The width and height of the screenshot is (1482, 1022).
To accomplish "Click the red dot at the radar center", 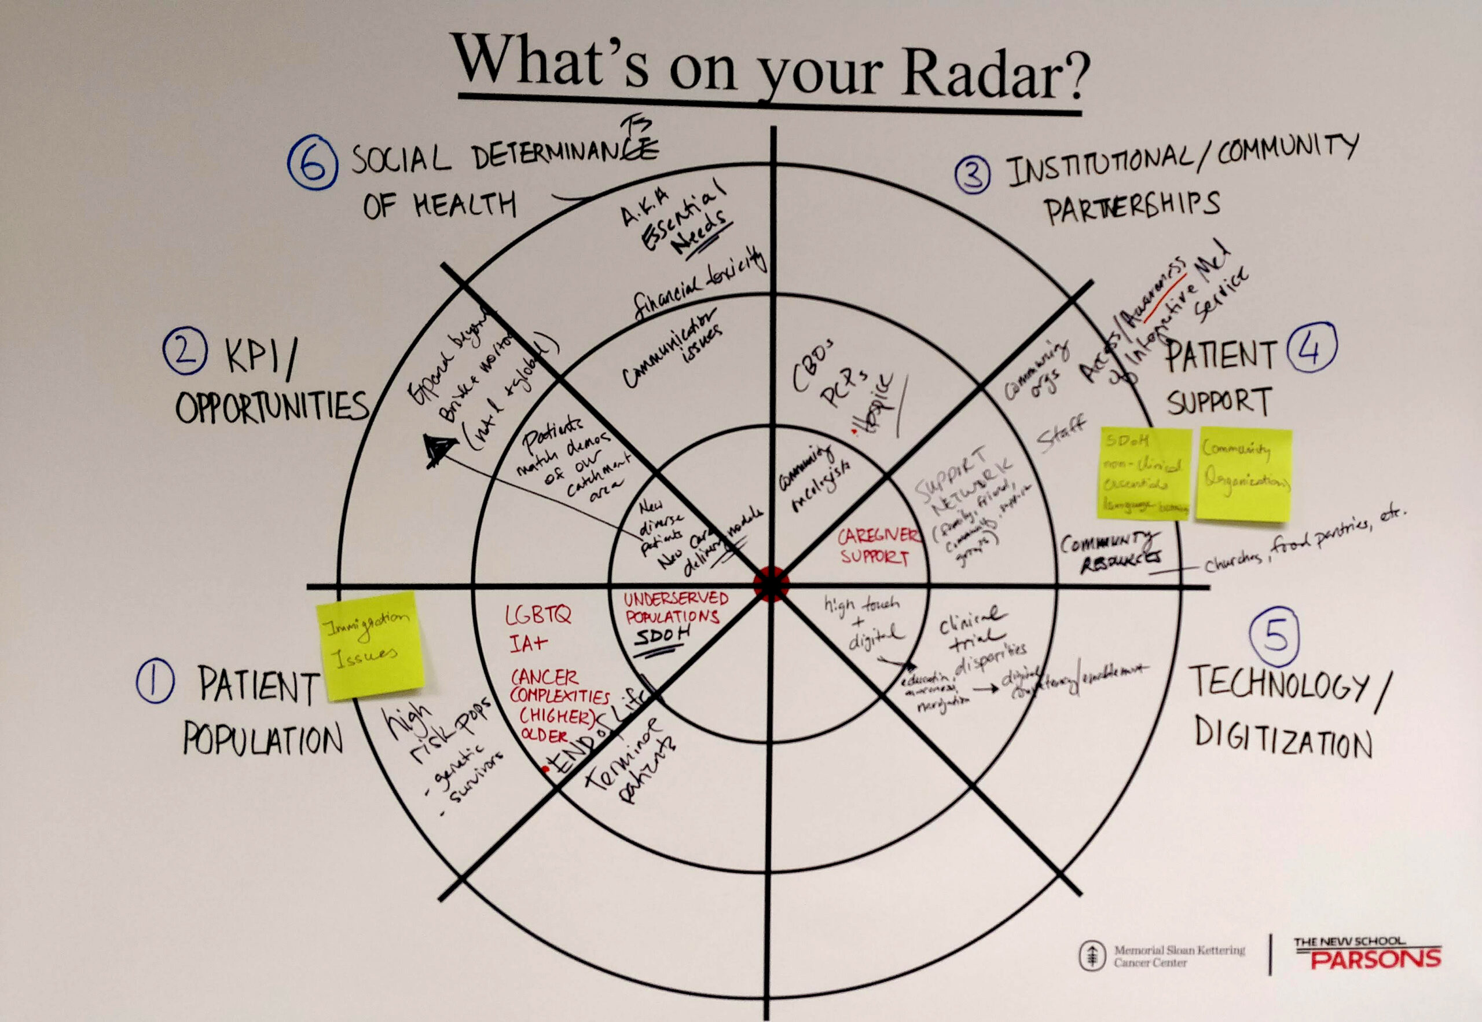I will click(771, 584).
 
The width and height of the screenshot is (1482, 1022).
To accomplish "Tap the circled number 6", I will click(312, 164).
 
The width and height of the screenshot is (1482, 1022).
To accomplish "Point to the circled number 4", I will click(1311, 348).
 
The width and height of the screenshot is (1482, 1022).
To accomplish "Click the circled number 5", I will click(1275, 636).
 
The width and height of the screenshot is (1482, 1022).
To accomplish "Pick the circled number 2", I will click(185, 351).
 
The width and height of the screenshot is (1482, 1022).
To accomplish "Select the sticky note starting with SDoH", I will click(1144, 473).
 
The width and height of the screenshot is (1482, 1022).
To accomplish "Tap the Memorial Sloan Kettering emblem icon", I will click(1092, 955).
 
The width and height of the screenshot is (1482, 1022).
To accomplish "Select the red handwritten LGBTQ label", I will click(537, 616).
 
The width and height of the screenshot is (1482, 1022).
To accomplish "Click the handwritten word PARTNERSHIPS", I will click(1131, 207).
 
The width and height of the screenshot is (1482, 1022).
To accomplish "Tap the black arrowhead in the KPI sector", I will click(438, 448).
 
